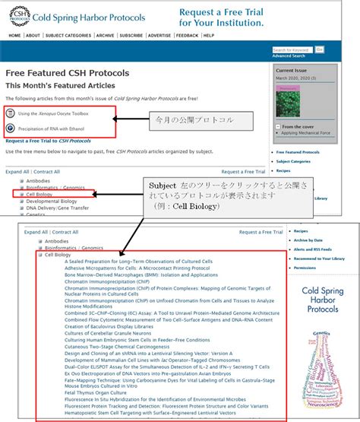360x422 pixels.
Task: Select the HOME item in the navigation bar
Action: click(x=14, y=35)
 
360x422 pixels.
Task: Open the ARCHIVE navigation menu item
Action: click(x=105, y=35)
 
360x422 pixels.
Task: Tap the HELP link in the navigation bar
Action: click(x=208, y=35)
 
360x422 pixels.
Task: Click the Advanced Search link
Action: click(x=288, y=56)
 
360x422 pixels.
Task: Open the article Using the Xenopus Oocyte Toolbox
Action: click(x=53, y=113)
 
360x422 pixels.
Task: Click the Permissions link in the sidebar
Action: click(x=306, y=267)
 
